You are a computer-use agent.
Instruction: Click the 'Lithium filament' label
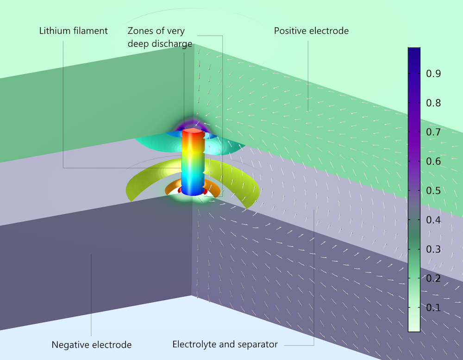(x=73, y=31)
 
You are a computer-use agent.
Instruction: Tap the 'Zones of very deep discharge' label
(x=160, y=37)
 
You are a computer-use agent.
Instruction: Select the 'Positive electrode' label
(x=311, y=31)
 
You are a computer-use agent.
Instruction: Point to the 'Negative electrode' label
(x=92, y=345)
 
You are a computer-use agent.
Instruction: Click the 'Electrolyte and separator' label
(x=225, y=344)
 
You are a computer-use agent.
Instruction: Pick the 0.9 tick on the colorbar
(x=433, y=74)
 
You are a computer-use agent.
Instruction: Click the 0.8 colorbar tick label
(x=433, y=103)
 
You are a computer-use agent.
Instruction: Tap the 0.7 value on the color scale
(x=433, y=132)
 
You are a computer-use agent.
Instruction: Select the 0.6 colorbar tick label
(x=433, y=161)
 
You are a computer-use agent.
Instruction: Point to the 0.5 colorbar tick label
(x=433, y=191)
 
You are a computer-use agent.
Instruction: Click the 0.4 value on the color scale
(x=433, y=220)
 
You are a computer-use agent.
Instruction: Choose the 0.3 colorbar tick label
(x=433, y=249)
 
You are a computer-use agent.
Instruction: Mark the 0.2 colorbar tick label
(x=433, y=278)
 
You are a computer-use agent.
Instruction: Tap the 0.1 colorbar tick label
(x=433, y=307)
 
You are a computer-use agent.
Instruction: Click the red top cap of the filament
(x=193, y=131)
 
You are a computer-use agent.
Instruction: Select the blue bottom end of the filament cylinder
(x=193, y=190)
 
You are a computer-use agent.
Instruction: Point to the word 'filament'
(x=90, y=31)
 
